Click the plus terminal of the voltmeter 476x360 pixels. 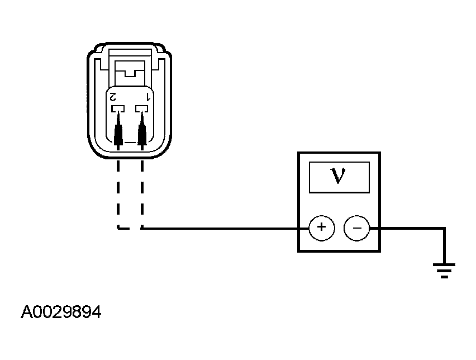pos(321,228)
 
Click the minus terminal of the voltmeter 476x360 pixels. pos(356,228)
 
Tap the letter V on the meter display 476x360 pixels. pos(338,176)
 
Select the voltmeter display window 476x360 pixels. pos(339,177)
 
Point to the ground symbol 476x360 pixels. pos(444,271)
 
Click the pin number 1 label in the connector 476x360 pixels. pos(149,97)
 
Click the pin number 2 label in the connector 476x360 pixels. pos(113,97)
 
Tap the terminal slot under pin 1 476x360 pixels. pos(141,108)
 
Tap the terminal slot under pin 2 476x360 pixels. pos(118,108)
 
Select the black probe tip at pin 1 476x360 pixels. pos(142,131)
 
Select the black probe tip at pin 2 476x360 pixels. pos(118,131)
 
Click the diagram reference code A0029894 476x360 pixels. pos(61,312)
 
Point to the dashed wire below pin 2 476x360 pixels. pos(118,195)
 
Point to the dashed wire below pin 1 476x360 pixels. pos(142,195)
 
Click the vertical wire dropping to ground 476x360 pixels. pos(444,245)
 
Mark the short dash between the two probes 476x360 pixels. pos(130,142)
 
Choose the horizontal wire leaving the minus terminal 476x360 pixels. pos(407,228)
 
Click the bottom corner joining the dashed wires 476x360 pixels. pos(118,228)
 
